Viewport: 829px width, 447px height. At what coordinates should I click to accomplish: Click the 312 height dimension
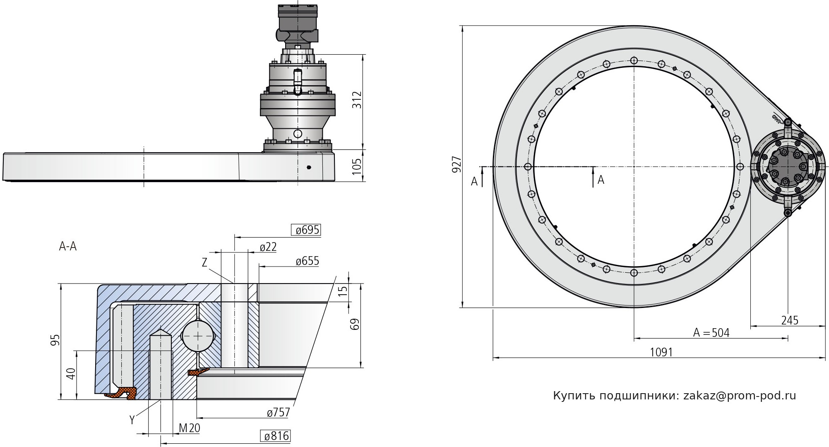357,100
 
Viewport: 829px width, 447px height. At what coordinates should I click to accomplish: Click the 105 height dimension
357,165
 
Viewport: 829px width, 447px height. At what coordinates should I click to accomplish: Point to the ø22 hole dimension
268,247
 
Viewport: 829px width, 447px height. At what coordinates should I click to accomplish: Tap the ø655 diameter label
308,261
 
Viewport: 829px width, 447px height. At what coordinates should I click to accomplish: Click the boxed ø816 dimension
275,436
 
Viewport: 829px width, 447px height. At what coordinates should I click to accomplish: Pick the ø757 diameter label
278,413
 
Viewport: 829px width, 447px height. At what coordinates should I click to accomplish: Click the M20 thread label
189,428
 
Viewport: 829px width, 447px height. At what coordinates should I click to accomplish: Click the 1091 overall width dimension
661,352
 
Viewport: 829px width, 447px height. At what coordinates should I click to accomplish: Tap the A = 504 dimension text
711,333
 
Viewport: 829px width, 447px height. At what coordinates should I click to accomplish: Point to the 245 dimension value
790,320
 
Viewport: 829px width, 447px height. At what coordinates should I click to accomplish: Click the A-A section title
68,247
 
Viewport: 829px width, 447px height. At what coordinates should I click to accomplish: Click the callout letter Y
132,421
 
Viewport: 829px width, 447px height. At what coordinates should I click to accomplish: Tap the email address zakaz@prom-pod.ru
740,396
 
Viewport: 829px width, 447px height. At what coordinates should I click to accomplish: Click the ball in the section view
198,336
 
